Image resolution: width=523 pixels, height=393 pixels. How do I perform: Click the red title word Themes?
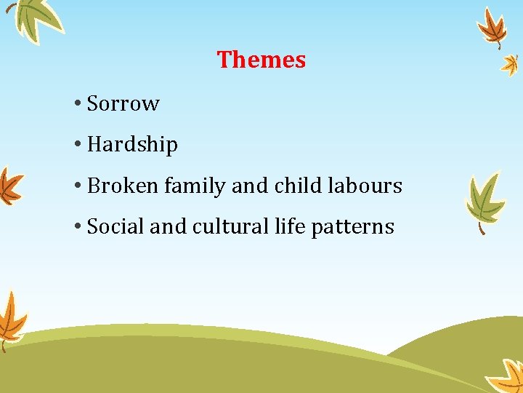(261, 60)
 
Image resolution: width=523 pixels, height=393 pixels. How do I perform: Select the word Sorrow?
(123, 103)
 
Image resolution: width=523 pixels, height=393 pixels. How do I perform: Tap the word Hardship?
(132, 145)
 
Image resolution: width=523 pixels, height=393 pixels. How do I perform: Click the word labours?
(365, 186)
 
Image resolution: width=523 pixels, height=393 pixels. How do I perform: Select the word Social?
(115, 227)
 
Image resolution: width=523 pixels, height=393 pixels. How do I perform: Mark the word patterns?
(352, 227)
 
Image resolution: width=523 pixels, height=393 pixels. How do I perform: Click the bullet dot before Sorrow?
(77, 103)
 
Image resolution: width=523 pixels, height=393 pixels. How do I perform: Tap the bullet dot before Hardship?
(77, 145)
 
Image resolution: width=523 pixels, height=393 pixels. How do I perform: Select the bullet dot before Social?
(77, 227)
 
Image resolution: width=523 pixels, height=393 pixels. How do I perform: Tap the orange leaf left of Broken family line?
(9, 186)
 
